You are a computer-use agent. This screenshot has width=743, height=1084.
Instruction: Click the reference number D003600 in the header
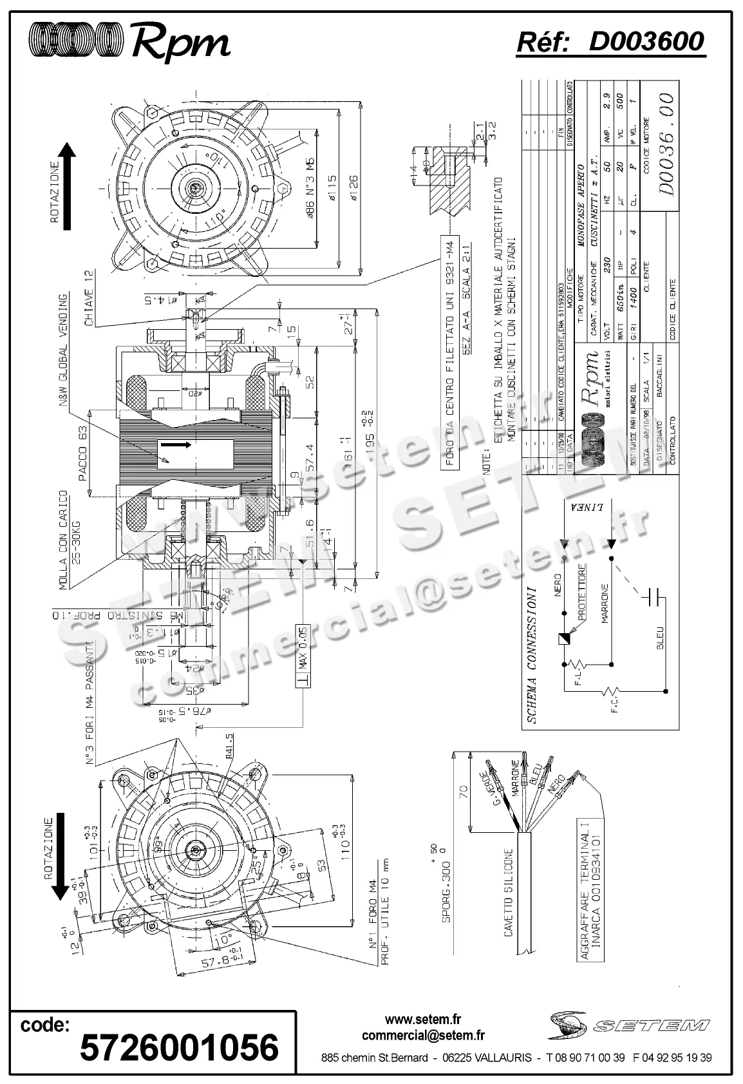point(646,42)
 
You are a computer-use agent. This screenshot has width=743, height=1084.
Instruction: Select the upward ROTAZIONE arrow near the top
point(66,187)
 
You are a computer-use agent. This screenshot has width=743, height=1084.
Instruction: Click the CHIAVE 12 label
point(89,299)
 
